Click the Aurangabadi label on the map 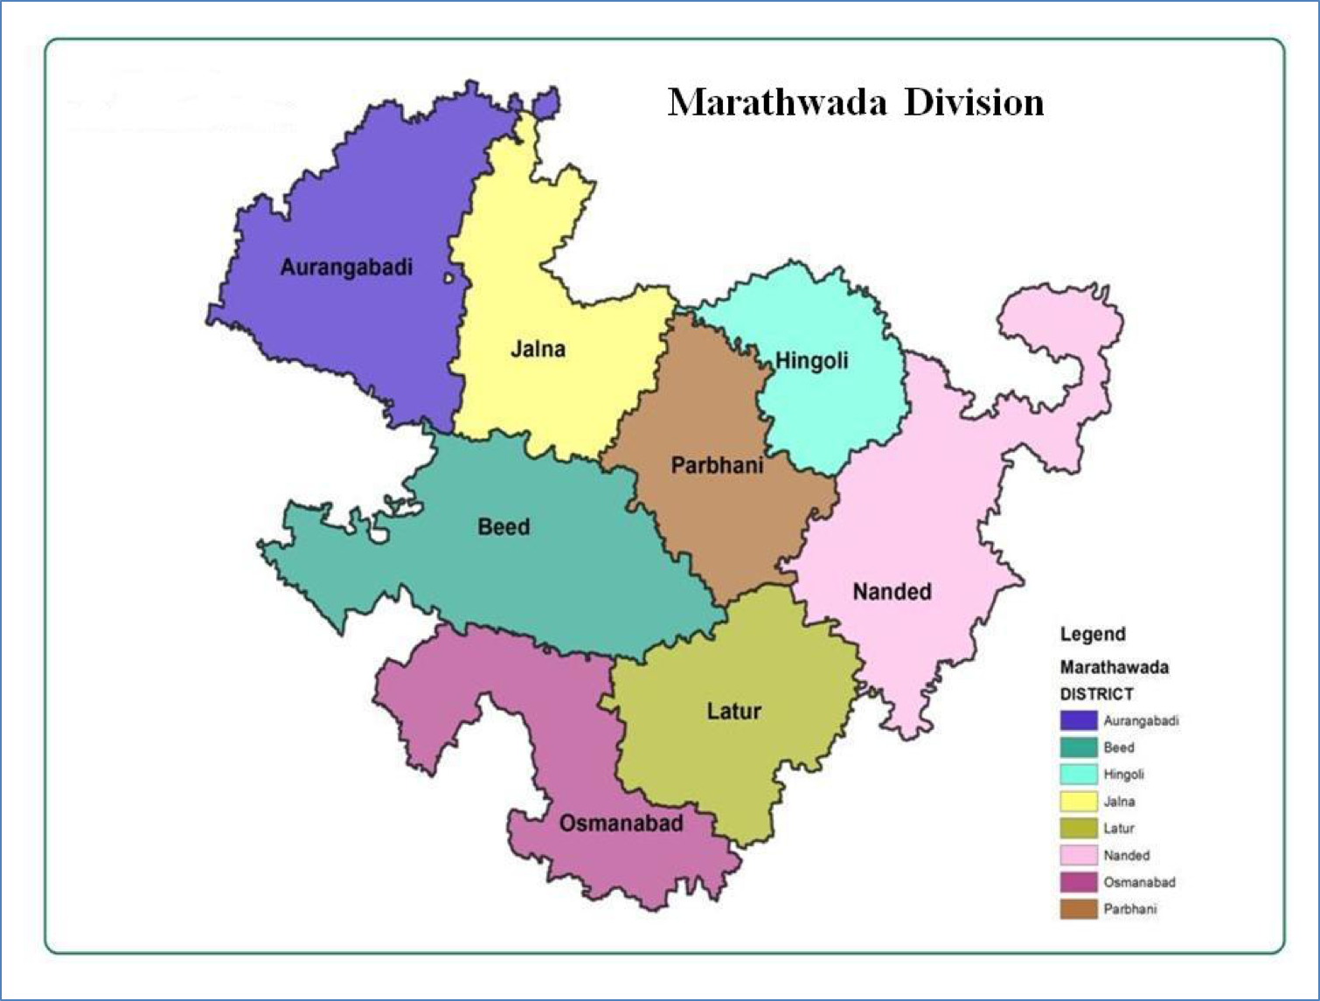click(346, 268)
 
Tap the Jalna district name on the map click(538, 350)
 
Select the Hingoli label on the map click(812, 360)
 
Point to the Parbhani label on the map click(717, 465)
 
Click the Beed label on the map click(504, 527)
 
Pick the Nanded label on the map click(892, 592)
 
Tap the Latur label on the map click(733, 712)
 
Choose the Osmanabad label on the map click(621, 824)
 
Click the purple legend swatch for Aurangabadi click(1078, 720)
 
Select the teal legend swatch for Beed click(1078, 747)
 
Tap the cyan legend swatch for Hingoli click(1078, 775)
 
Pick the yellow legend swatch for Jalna click(1078, 801)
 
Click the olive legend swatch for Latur click(1078, 828)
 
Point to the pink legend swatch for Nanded click(1078, 855)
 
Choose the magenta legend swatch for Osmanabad click(1078, 882)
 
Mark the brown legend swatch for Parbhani click(1078, 909)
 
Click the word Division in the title click(973, 102)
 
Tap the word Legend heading click(1093, 635)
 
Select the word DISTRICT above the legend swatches click(1096, 694)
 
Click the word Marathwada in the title click(777, 102)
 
